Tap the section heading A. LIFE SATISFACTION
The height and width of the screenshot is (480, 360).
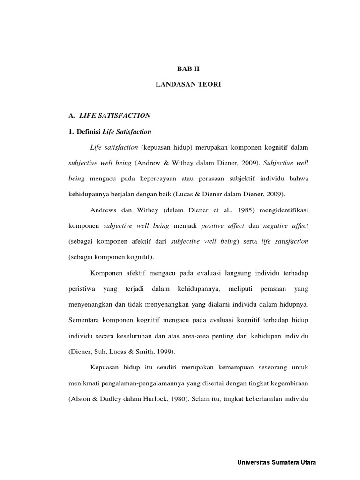pyautogui.click(x=109, y=115)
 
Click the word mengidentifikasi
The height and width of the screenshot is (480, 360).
pyautogui.click(x=278, y=210)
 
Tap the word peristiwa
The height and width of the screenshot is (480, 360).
pyautogui.click(x=82, y=288)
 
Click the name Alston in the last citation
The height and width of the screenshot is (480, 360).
pyautogui.click(x=82, y=398)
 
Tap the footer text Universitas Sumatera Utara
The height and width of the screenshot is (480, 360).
pyautogui.click(x=277, y=463)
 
